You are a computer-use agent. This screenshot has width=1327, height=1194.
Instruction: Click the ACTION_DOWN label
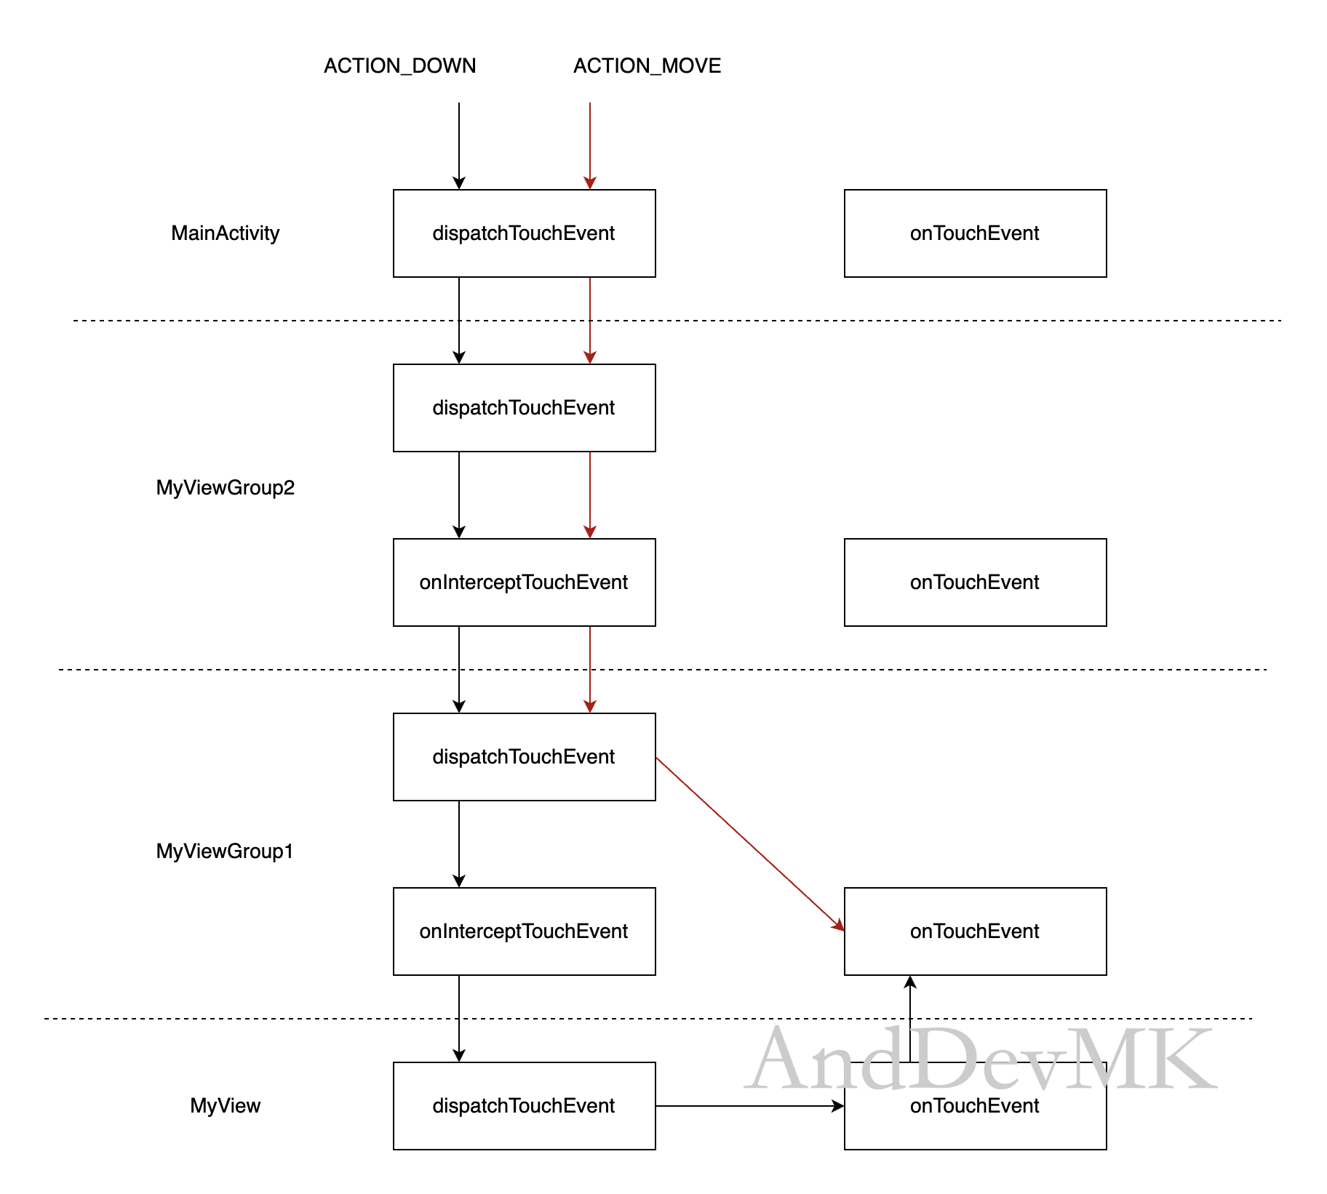[x=399, y=66]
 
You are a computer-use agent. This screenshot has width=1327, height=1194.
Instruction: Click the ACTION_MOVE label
[x=647, y=66]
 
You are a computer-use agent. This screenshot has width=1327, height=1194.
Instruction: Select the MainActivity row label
[x=225, y=233]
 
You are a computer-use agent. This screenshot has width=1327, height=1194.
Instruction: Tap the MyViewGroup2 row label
[x=225, y=488]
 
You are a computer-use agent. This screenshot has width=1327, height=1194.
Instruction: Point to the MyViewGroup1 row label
[x=224, y=852]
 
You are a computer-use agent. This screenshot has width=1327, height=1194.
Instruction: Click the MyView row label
[x=225, y=1106]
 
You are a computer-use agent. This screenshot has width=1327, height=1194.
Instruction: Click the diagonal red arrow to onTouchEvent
[x=750, y=844]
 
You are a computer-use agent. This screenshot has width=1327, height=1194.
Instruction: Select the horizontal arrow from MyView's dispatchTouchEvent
[x=750, y=1106]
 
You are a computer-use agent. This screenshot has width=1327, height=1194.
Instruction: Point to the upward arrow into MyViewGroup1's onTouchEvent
[x=910, y=1019]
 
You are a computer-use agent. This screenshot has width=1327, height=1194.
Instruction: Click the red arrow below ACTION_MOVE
[x=590, y=146]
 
